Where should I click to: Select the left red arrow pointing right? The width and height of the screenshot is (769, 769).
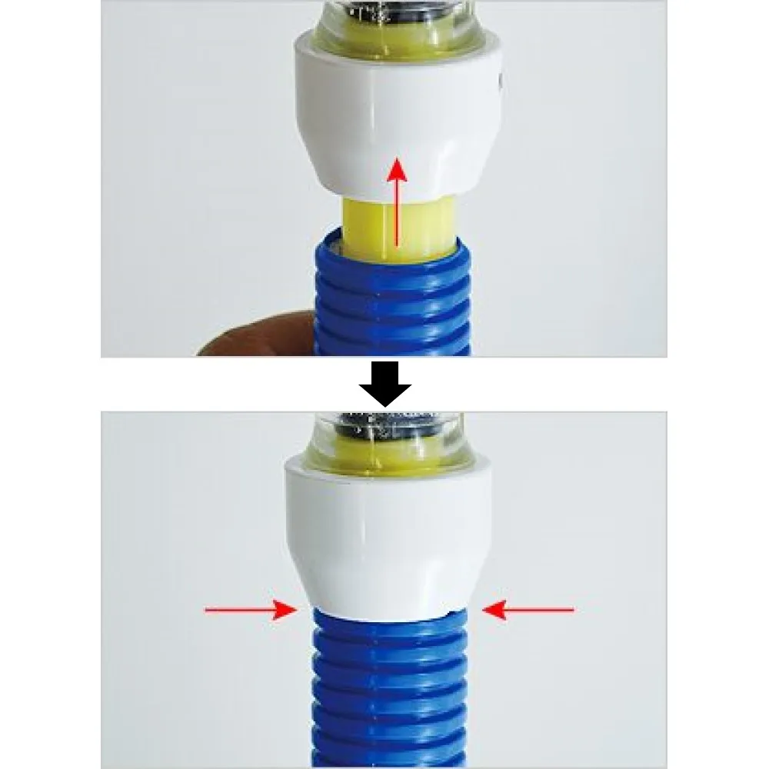click(x=251, y=610)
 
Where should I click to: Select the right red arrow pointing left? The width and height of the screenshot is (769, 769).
click(x=528, y=610)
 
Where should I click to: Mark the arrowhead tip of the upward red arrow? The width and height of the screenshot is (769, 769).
click(x=396, y=158)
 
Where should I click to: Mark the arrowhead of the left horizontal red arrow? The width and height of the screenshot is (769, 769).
click(x=294, y=610)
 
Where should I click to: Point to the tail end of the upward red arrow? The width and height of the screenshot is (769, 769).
click(x=396, y=245)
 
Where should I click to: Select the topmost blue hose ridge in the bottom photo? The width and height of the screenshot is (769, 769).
click(x=384, y=620)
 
